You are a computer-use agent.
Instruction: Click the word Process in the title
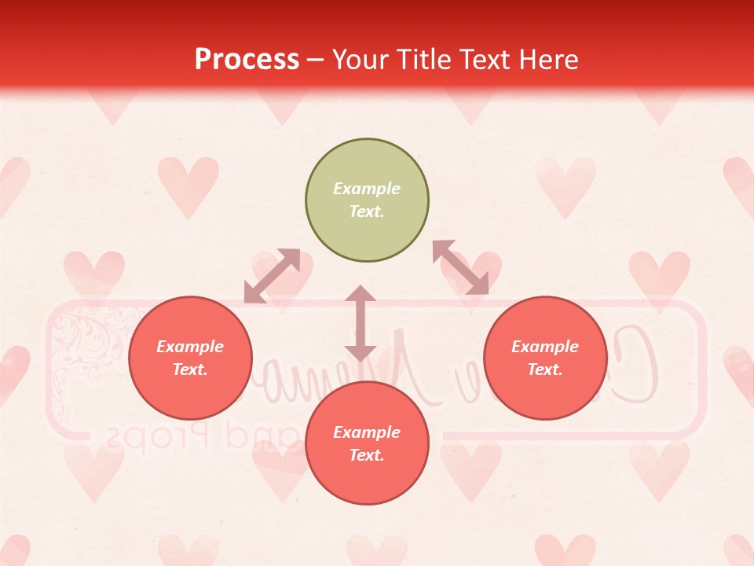[247, 60]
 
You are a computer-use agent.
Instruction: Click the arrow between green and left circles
[272, 276]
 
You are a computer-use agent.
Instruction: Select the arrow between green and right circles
[460, 267]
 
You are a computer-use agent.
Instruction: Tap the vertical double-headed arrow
[361, 323]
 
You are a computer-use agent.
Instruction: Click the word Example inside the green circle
[367, 189]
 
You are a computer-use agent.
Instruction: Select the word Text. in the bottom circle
[367, 455]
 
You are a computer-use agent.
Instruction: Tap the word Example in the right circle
[545, 347]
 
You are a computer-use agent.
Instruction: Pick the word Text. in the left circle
[190, 369]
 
